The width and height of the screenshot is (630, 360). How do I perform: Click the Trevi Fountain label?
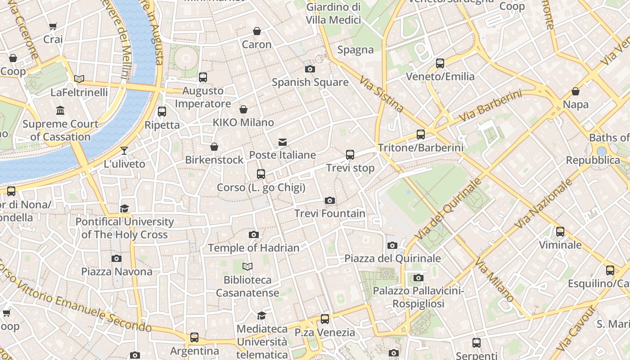click(329, 213)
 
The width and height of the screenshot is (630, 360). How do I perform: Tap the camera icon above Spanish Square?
click(310, 69)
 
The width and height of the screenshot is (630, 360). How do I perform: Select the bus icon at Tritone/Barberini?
click(420, 134)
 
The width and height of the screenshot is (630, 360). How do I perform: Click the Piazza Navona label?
click(117, 271)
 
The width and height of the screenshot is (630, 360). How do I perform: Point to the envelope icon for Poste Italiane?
click(282, 142)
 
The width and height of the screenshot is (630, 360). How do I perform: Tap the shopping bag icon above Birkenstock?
click(214, 147)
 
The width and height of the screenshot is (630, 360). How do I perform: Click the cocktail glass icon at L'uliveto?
click(124, 151)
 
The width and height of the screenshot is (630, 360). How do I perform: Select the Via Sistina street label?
click(382, 94)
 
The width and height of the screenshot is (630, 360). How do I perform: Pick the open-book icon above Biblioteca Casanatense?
click(247, 266)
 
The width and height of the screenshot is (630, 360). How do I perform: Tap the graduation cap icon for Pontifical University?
click(124, 208)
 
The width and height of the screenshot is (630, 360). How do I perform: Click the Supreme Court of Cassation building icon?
click(60, 110)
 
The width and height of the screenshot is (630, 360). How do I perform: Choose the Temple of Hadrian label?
click(253, 247)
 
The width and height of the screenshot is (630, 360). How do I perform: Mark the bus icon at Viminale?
click(560, 232)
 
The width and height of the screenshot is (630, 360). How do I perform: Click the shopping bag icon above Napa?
click(575, 91)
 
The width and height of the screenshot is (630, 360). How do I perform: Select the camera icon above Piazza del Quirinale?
click(392, 245)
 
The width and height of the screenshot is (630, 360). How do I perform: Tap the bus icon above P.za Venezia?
click(324, 319)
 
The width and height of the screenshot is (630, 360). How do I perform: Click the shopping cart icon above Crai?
click(53, 26)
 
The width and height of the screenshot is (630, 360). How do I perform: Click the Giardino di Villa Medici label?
click(333, 13)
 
